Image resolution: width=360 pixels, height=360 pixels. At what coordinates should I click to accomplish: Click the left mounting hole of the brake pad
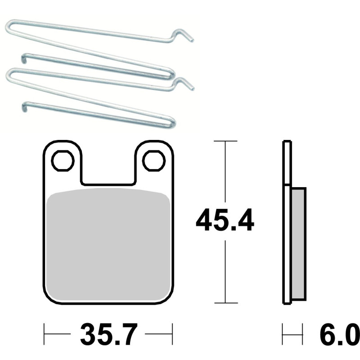click(x=63, y=161)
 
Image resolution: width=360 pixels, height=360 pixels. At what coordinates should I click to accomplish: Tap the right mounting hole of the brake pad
click(x=154, y=161)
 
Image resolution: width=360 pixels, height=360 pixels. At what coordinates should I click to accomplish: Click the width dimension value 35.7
click(x=108, y=335)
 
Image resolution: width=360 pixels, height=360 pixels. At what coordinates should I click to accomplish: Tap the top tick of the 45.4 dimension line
click(x=225, y=141)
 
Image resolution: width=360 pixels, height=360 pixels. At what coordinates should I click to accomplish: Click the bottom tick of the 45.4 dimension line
click(x=225, y=303)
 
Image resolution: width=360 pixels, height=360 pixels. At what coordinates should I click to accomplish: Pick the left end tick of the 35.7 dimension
click(x=44, y=334)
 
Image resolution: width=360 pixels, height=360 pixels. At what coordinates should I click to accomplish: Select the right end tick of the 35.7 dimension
click(x=173, y=334)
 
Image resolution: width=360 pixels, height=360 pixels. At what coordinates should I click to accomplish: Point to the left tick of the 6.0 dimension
click(x=283, y=334)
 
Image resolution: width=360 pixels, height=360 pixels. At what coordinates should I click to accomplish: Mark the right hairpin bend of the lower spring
click(x=172, y=121)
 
